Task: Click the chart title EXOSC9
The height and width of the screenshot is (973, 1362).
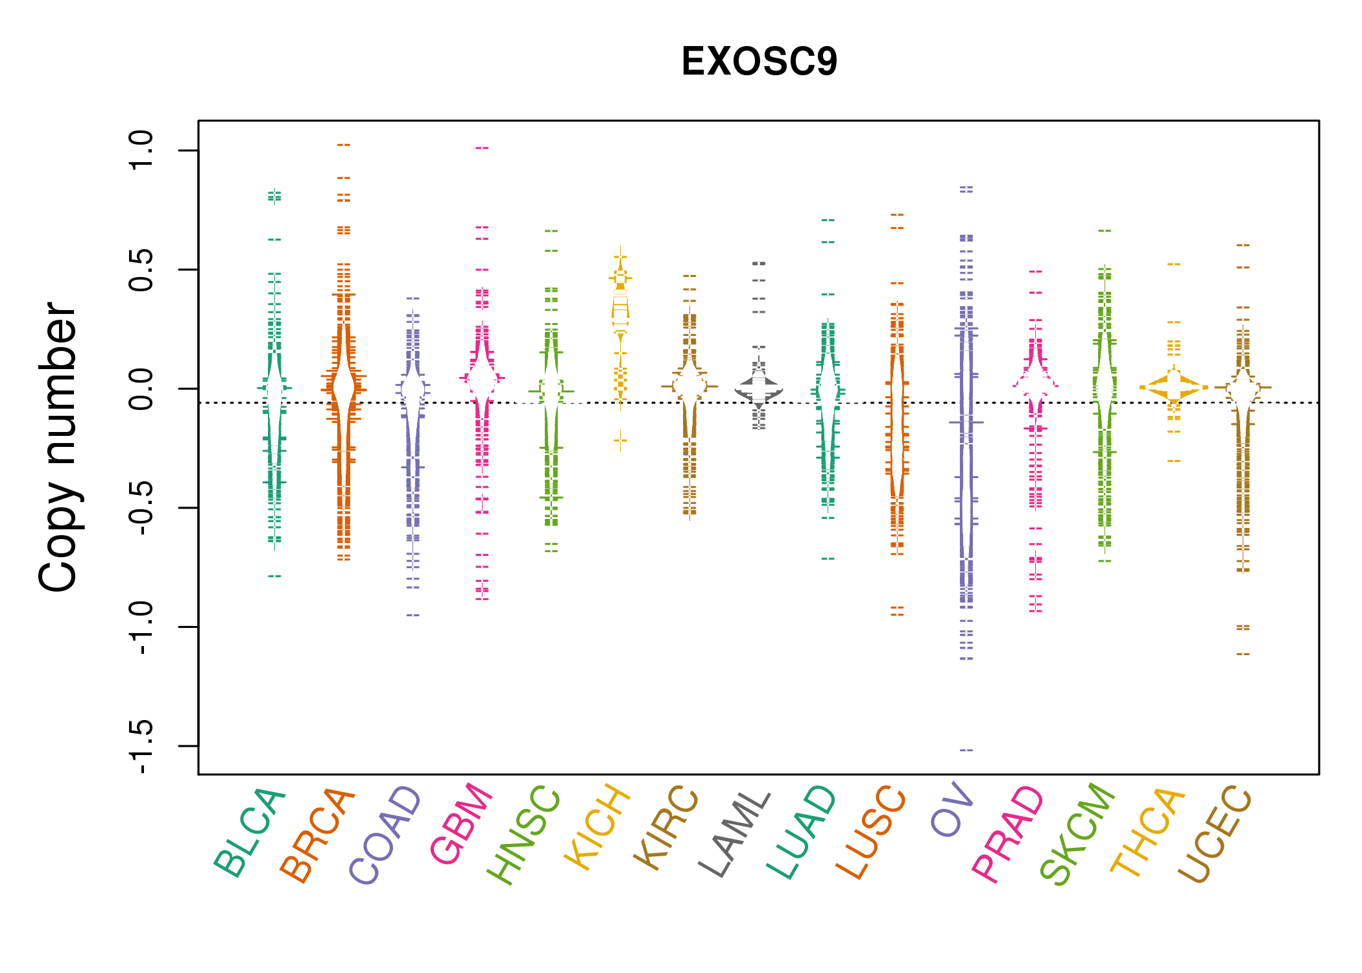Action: tap(759, 62)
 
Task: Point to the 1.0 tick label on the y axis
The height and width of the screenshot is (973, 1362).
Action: tap(141, 150)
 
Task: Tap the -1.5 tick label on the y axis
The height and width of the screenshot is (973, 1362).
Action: tap(141, 746)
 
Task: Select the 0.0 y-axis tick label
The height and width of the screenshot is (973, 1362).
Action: tap(141, 389)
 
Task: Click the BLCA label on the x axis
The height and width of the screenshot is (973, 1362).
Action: tap(250, 833)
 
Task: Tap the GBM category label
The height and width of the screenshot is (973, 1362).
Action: tap(461, 824)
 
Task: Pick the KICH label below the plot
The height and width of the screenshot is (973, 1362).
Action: tap(597, 827)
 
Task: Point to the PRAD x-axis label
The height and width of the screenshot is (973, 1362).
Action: tap(1008, 834)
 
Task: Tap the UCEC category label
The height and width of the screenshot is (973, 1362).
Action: tap(1215, 834)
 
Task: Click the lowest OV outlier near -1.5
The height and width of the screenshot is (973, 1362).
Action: tap(966, 751)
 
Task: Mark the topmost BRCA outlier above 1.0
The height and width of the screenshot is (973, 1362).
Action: tap(344, 145)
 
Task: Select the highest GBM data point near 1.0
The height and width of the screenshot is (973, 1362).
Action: tap(482, 148)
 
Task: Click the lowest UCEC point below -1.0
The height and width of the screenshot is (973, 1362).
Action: tap(1243, 654)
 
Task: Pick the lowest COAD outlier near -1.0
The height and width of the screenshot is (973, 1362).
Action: tap(413, 615)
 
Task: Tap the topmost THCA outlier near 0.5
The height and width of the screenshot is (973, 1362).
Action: tap(1174, 264)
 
